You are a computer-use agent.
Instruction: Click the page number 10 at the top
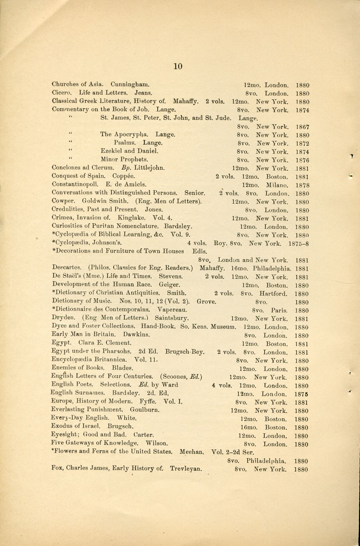coord(178,66)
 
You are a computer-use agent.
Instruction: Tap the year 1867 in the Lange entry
coord(302,127)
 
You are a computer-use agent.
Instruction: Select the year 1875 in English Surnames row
coord(301,394)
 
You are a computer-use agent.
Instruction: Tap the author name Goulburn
coord(145,409)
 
